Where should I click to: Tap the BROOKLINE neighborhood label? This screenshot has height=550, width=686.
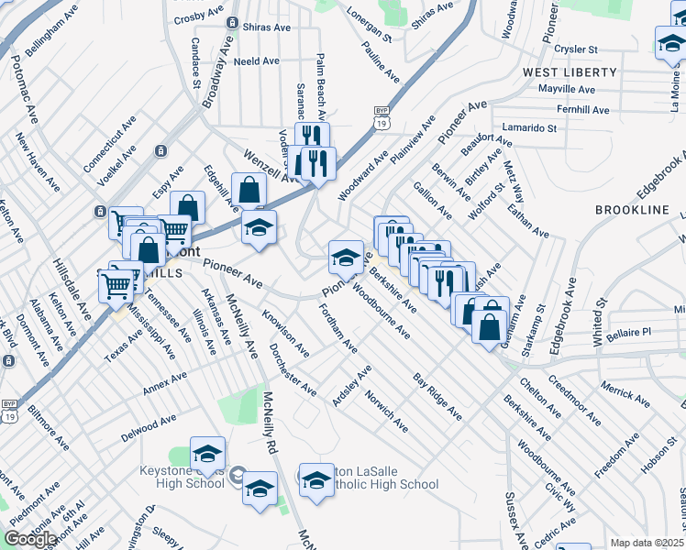pyautogui.click(x=633, y=210)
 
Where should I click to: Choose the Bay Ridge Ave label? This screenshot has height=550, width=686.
pyautogui.click(x=437, y=397)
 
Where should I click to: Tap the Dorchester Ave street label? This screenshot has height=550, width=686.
pyautogui.click(x=293, y=370)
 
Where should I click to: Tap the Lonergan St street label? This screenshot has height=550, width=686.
pyautogui.click(x=370, y=26)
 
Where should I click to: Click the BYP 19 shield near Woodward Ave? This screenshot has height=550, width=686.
pyautogui.click(x=382, y=115)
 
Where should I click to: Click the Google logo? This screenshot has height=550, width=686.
pyautogui.click(x=30, y=539)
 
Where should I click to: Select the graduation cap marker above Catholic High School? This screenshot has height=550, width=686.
pyautogui.click(x=316, y=478)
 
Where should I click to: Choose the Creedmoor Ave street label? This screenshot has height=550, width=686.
pyautogui.click(x=573, y=397)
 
